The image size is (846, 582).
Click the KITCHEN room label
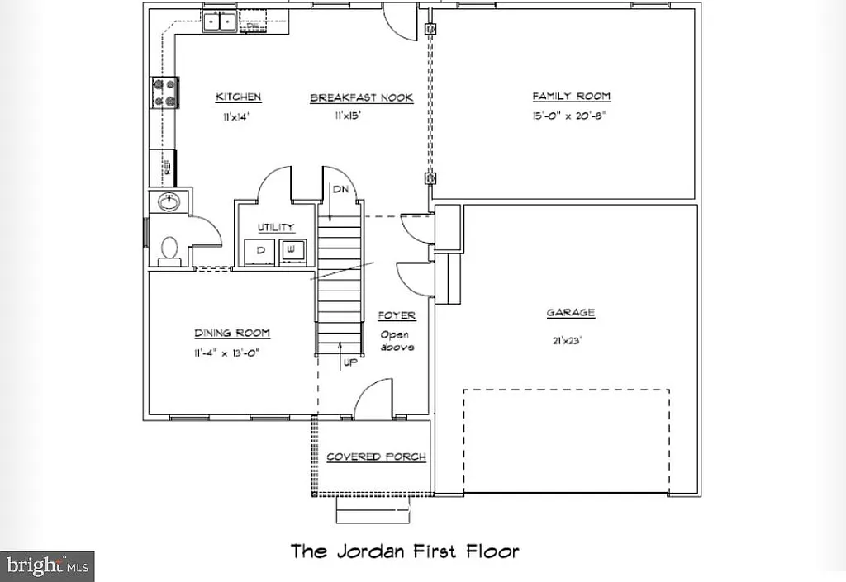click(238, 97)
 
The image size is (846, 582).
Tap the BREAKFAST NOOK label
click(361, 98)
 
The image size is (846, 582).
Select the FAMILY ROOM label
click(571, 97)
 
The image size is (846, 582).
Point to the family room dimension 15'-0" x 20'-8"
click(571, 117)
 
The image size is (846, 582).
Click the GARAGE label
click(570, 313)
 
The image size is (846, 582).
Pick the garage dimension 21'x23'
click(570, 338)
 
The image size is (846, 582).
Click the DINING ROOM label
click(232, 334)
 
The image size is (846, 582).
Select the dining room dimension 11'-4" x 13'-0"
click(232, 353)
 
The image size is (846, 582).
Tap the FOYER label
click(397, 315)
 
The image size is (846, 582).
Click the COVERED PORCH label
click(376, 457)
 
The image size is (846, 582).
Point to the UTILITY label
click(275, 228)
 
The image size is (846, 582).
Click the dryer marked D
click(260, 250)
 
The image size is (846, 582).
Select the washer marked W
click(291, 250)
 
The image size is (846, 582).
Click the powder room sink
click(169, 201)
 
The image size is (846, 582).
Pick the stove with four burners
click(164, 92)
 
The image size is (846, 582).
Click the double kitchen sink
click(220, 21)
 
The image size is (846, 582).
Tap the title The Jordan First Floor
click(404, 551)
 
